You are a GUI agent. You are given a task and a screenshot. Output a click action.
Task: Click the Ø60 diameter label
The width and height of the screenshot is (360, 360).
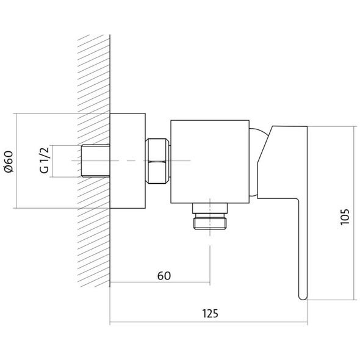9,161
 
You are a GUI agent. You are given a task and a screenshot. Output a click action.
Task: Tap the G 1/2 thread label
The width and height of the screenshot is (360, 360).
45,160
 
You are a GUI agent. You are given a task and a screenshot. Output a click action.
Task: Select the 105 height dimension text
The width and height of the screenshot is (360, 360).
345,217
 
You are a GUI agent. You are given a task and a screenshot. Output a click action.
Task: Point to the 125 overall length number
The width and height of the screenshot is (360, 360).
210,314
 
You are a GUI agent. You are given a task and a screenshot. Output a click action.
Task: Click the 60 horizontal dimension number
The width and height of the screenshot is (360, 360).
164,276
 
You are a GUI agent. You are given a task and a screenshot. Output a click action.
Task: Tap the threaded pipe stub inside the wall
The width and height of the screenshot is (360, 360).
96,160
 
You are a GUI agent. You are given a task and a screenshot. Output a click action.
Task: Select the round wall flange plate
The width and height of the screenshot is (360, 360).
128,160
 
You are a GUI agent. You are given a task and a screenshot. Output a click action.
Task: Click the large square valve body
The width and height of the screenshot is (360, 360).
210,162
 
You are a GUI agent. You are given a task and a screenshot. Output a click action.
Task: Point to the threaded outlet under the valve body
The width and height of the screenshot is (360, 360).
210,221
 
